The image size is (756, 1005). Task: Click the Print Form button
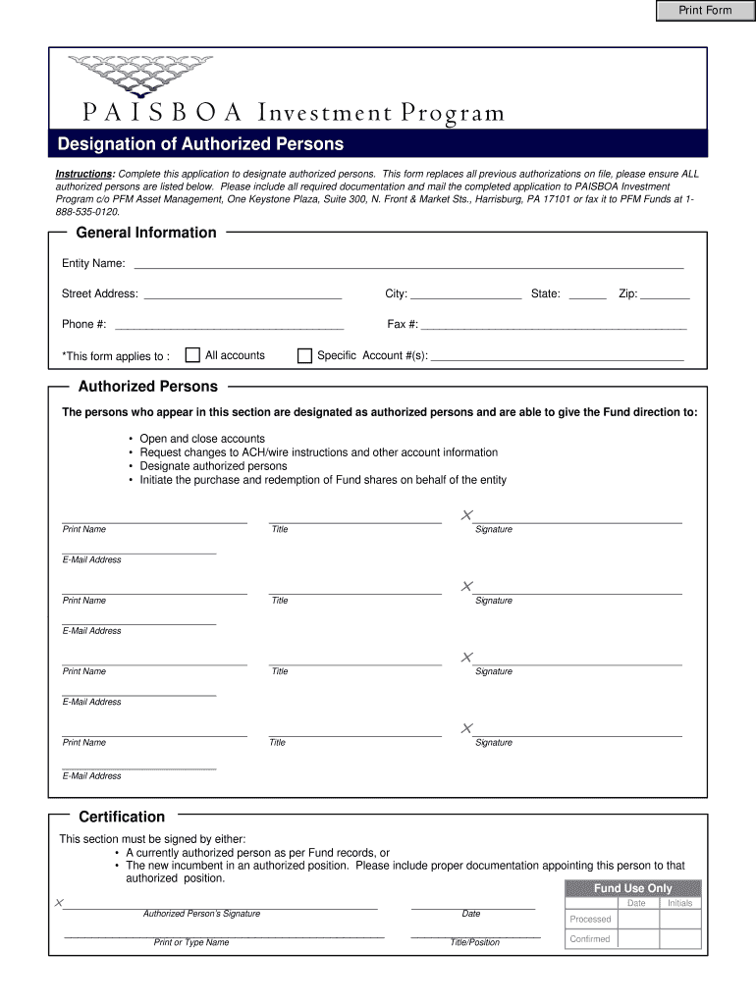[706, 11]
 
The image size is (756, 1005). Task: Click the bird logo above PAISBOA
[139, 75]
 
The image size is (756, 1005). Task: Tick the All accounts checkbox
[193, 355]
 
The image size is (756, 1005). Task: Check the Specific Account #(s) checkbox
[304, 355]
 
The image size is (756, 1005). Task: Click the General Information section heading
[146, 233]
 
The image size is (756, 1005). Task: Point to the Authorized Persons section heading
[148, 387]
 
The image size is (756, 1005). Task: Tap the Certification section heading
[122, 817]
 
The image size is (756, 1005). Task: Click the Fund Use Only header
[633, 888]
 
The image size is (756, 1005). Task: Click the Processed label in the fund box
[590, 920]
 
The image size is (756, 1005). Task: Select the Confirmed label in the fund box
[590, 939]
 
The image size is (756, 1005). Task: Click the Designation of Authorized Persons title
[200, 144]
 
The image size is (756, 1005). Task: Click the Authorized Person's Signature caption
[201, 914]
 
